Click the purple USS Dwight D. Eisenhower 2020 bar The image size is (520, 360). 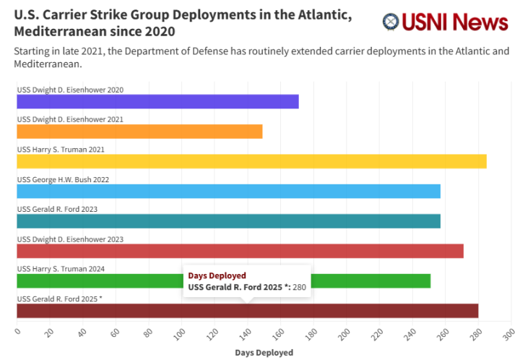pyautogui.click(x=157, y=101)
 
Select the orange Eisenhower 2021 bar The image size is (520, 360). pyautogui.click(x=139, y=132)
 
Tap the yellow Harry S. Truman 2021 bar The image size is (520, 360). pyautogui.click(x=251, y=161)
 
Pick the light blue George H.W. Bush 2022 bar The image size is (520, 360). pyautogui.click(x=228, y=191)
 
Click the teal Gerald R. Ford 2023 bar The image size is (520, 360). pyautogui.click(x=228, y=221)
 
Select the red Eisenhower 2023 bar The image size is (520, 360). pyautogui.click(x=240, y=251)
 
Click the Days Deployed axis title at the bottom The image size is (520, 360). pyautogui.click(x=264, y=353)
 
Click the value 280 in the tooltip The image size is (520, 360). pyautogui.click(x=299, y=288)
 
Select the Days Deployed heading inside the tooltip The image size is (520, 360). pyautogui.click(x=217, y=275)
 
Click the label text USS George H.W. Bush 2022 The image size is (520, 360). pyautogui.click(x=63, y=179)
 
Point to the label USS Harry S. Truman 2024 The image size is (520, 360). pyautogui.click(x=61, y=269)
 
